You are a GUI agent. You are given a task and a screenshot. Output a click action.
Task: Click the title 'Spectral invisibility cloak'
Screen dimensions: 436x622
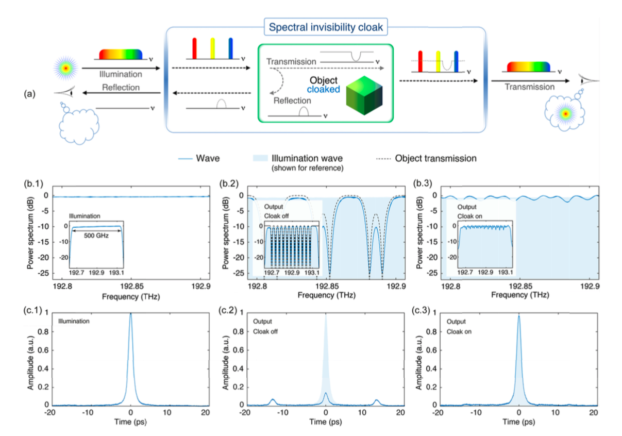tap(325, 27)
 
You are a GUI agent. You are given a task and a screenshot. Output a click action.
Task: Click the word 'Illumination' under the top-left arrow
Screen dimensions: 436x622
tap(120, 74)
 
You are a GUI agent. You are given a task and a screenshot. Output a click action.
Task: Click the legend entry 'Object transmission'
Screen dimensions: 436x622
tap(435, 159)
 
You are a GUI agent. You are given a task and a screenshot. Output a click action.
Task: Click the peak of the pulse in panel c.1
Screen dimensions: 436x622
tap(131, 314)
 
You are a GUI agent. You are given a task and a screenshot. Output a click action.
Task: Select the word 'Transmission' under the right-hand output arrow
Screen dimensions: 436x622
tap(530, 87)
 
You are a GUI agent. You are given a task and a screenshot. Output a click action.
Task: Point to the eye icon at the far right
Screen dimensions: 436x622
tap(587, 81)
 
